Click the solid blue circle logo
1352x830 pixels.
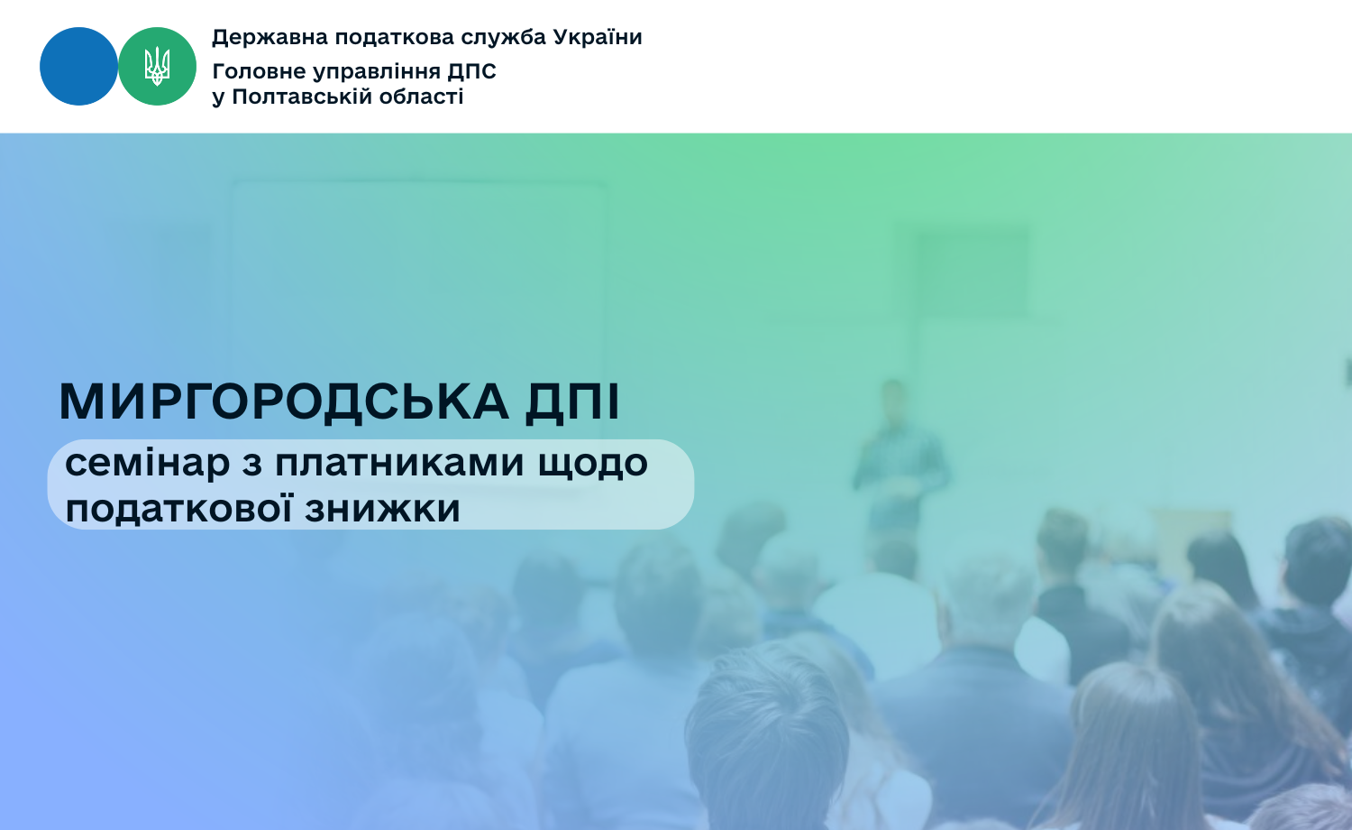[x=78, y=67]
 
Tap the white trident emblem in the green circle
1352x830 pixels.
[x=157, y=66]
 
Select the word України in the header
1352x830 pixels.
[x=598, y=38]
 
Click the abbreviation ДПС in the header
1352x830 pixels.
[x=472, y=72]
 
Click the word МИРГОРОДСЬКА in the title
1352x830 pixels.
[x=284, y=401]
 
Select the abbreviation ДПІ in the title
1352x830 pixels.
[x=572, y=402]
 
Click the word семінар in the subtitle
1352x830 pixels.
[x=147, y=465]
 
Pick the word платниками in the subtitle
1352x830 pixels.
[x=399, y=464]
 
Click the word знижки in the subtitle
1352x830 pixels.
[x=382, y=509]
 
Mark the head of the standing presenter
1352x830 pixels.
[x=893, y=399]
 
